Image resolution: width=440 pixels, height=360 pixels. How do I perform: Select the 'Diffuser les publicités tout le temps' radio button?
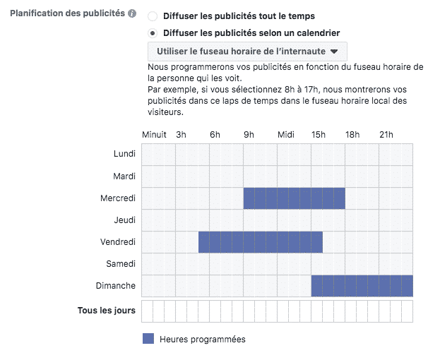tap(153, 16)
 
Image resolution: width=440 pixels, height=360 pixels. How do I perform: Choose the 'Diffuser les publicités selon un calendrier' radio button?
tap(153, 33)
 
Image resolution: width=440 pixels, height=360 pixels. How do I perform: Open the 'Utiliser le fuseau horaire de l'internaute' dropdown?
tap(247, 51)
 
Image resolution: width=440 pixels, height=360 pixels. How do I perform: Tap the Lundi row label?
tap(124, 154)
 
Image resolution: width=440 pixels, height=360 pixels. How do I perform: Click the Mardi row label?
tap(124, 176)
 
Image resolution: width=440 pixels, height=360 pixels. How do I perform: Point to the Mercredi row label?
tap(118, 198)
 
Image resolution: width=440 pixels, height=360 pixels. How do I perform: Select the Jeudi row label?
tap(125, 220)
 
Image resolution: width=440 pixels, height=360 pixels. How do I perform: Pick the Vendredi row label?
tap(118, 242)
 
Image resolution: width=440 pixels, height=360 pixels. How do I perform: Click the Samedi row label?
tap(121, 264)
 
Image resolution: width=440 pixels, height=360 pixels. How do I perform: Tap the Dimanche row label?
tap(116, 286)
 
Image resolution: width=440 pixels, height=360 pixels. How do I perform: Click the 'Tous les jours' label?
tap(106, 310)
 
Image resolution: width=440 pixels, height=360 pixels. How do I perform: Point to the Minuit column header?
tap(154, 134)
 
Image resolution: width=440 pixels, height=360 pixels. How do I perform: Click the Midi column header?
tap(286, 134)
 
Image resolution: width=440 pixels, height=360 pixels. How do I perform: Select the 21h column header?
tap(386, 134)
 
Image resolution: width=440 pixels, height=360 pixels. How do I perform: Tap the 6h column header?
tap(215, 134)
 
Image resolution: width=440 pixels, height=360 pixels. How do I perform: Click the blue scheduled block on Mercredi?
tap(294, 198)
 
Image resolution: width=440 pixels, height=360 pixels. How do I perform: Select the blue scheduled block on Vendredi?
tap(260, 242)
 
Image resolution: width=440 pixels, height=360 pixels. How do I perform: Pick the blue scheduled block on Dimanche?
tap(362, 286)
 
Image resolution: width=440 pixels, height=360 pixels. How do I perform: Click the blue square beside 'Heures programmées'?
tap(148, 339)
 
